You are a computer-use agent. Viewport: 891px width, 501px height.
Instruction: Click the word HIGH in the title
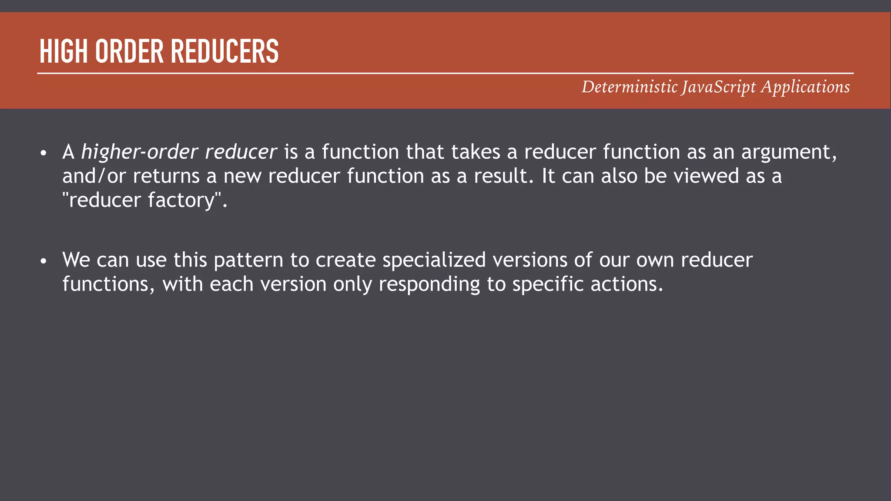point(63,51)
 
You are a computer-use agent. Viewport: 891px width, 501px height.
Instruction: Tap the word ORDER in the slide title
point(129,51)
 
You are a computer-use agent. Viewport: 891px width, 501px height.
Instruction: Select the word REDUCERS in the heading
point(224,51)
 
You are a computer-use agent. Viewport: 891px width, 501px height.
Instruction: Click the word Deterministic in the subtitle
point(630,87)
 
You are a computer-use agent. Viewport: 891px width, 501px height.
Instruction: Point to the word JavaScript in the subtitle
point(719,87)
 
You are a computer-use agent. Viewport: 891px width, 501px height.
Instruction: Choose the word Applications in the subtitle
point(805,87)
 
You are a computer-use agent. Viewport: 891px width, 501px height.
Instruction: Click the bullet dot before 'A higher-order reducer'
point(43,153)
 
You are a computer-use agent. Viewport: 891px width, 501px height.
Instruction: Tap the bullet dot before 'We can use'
point(43,261)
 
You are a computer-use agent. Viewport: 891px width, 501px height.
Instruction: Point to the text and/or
point(94,176)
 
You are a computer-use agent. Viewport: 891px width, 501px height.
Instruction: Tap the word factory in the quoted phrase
point(182,200)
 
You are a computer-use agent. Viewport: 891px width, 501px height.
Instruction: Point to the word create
point(345,260)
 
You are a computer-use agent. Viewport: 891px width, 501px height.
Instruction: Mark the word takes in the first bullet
point(476,152)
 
